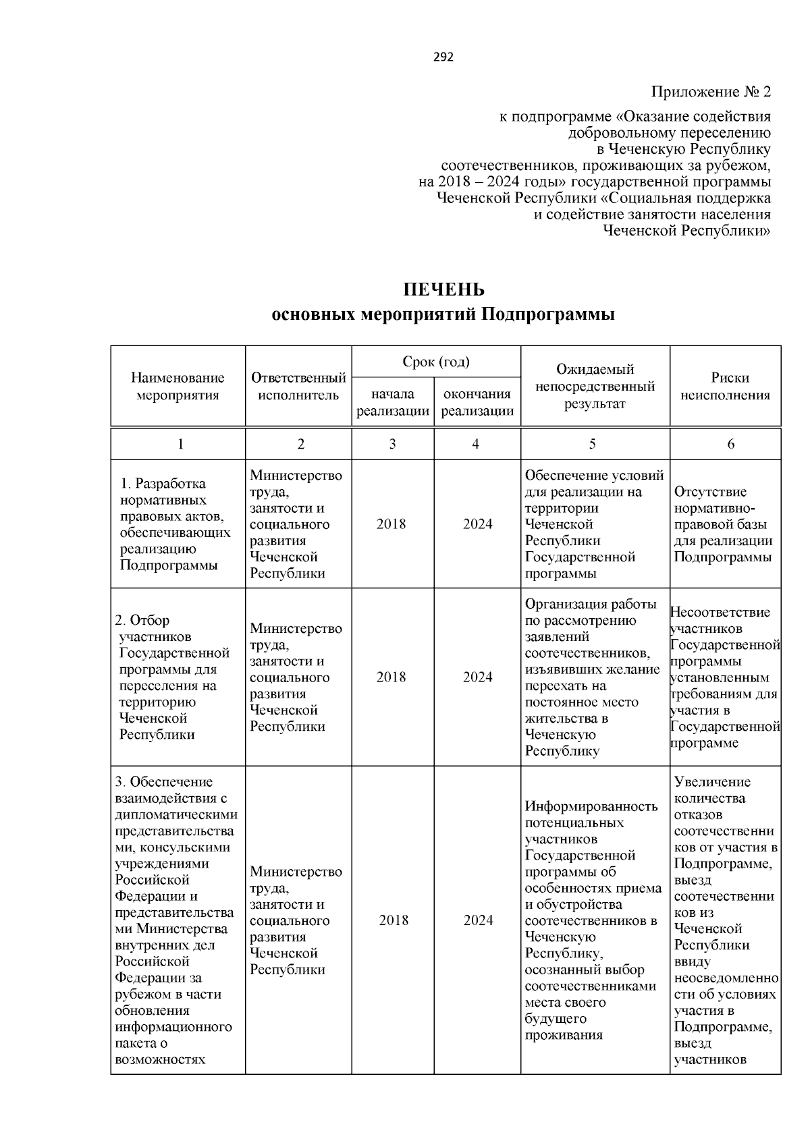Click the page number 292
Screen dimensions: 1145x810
[x=443, y=57]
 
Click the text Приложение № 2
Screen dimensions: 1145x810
[x=710, y=92]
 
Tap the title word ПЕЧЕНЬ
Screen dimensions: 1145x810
[x=443, y=290]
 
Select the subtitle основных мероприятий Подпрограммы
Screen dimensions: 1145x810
[x=443, y=315]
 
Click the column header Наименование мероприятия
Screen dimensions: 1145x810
[x=178, y=387]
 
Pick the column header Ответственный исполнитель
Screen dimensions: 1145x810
[x=298, y=387]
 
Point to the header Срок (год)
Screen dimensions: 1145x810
[x=435, y=362]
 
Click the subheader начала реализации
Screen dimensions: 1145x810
[x=393, y=403]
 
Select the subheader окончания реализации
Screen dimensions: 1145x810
[x=477, y=403]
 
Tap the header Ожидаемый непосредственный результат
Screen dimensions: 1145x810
[x=595, y=387]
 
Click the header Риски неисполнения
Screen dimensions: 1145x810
[x=725, y=387]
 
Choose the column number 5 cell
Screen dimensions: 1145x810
[x=592, y=444]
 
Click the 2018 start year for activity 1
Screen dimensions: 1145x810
[x=391, y=524]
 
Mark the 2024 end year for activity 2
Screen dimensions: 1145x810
[x=477, y=677]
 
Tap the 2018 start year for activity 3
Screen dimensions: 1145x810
[x=394, y=921]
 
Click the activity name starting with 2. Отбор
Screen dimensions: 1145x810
[x=174, y=677]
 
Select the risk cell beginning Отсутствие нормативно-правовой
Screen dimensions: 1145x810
[x=723, y=524]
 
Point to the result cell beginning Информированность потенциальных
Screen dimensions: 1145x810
[x=593, y=921]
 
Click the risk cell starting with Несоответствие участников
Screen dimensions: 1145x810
[x=725, y=677]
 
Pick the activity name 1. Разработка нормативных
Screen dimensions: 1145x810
[x=174, y=524]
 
